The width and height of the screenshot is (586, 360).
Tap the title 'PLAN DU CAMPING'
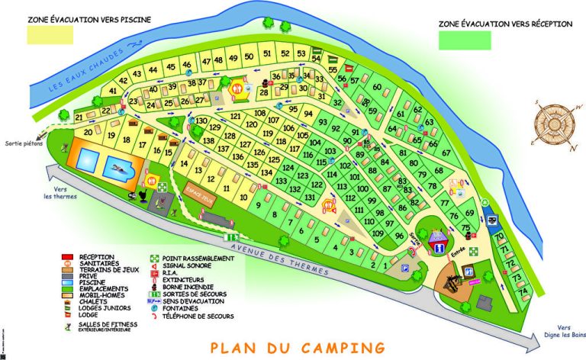tap(297, 348)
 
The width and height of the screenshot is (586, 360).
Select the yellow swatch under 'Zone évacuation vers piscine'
tap(50, 34)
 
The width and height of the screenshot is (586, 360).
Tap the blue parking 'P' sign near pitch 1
tap(405, 268)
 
